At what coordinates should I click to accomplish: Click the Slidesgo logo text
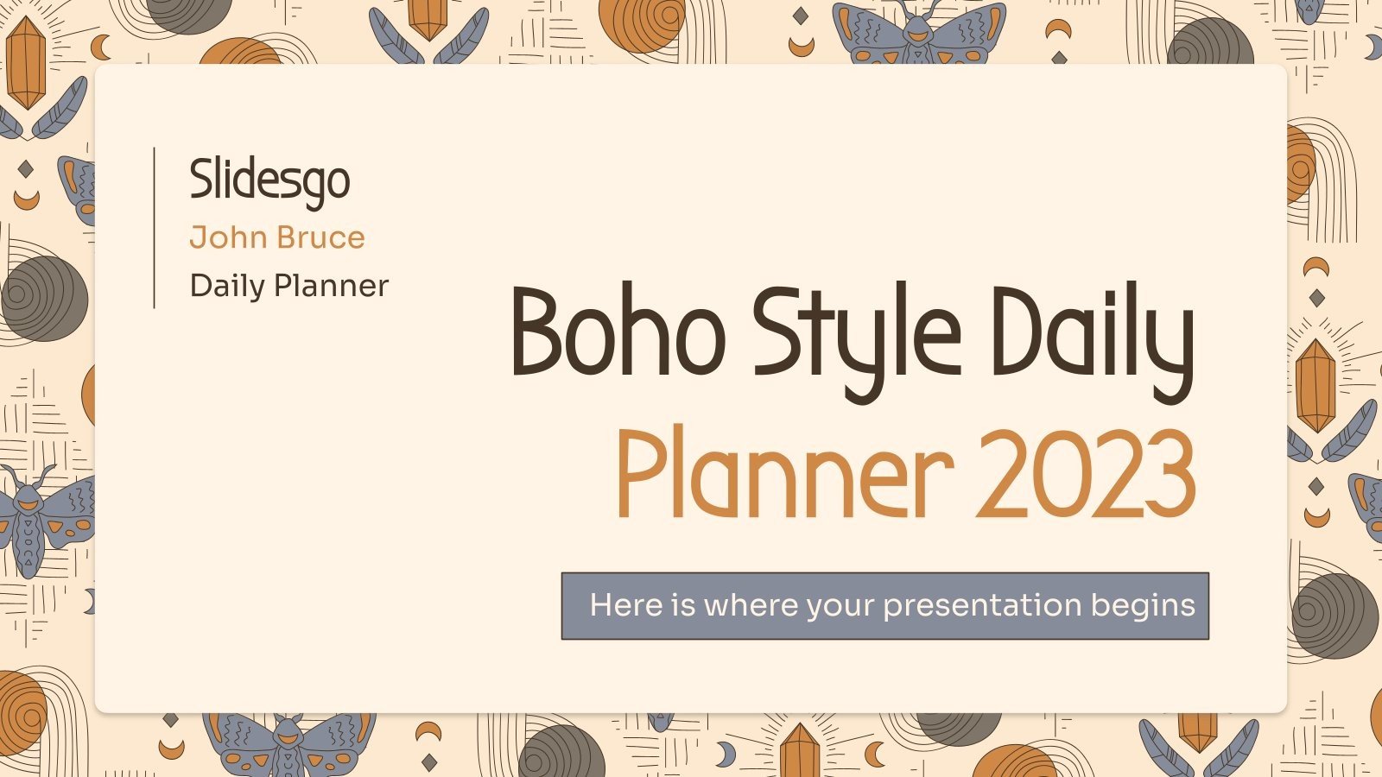269,181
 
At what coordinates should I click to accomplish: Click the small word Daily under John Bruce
226,287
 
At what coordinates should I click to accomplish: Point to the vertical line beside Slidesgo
155,228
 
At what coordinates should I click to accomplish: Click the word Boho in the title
618,332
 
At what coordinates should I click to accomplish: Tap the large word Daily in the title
1092,337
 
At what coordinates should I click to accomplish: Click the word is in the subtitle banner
683,605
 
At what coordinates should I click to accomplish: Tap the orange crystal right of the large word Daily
1315,385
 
